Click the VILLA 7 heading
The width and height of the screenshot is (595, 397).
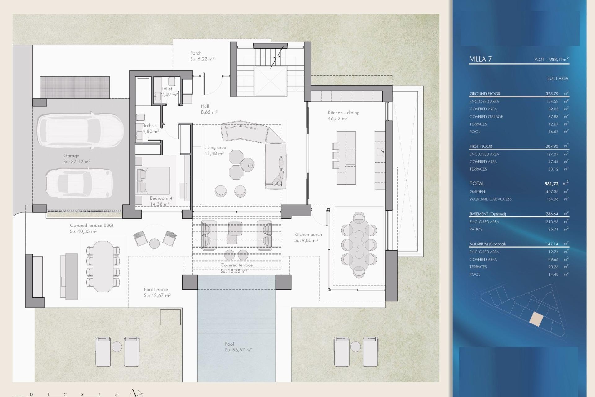481,59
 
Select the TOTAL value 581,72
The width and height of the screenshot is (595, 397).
551,184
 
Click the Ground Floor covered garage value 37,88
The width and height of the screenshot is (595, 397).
553,117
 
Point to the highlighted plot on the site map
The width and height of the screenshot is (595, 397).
536,319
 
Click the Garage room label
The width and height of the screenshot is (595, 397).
71,156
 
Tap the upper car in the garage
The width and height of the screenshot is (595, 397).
80,130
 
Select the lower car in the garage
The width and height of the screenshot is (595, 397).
79,183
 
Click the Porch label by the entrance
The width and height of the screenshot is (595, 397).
196,53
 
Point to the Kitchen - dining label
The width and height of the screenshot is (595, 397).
344,113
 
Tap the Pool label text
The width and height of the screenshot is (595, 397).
229,344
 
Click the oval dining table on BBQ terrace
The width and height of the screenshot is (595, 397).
103,266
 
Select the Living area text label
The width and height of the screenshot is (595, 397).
215,148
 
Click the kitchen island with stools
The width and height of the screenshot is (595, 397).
346,158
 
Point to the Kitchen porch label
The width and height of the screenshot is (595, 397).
308,234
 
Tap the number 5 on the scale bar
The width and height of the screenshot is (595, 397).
117,395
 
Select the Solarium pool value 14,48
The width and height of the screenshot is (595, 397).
553,274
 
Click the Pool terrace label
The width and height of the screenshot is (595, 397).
156,289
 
